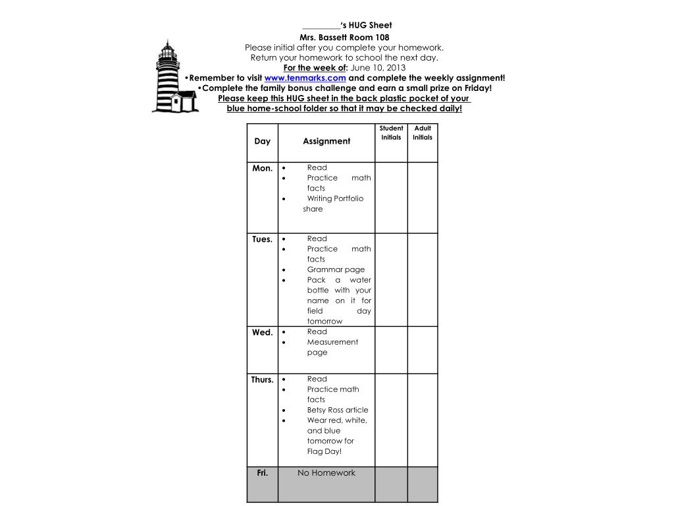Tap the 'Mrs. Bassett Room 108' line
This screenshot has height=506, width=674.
click(344, 38)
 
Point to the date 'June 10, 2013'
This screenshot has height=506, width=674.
click(378, 68)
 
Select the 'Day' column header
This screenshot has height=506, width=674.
click(262, 142)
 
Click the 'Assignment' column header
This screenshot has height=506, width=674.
click(326, 142)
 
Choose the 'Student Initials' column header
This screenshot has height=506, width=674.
click(391, 133)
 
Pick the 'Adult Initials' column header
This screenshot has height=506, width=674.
click(423, 133)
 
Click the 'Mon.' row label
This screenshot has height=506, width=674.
click(262, 169)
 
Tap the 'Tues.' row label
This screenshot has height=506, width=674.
click(262, 240)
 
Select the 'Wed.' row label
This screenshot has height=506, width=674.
click(262, 333)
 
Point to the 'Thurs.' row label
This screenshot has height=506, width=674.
click(262, 380)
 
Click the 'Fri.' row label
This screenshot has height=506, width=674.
click(262, 473)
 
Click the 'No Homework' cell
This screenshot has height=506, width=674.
click(326, 473)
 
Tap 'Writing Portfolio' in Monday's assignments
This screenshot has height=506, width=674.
click(335, 198)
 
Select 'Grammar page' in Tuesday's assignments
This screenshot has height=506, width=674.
click(336, 269)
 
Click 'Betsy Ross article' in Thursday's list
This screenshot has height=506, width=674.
click(338, 410)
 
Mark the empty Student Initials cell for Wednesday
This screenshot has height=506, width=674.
click(391, 350)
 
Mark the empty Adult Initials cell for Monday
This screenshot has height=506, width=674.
click(423, 198)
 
